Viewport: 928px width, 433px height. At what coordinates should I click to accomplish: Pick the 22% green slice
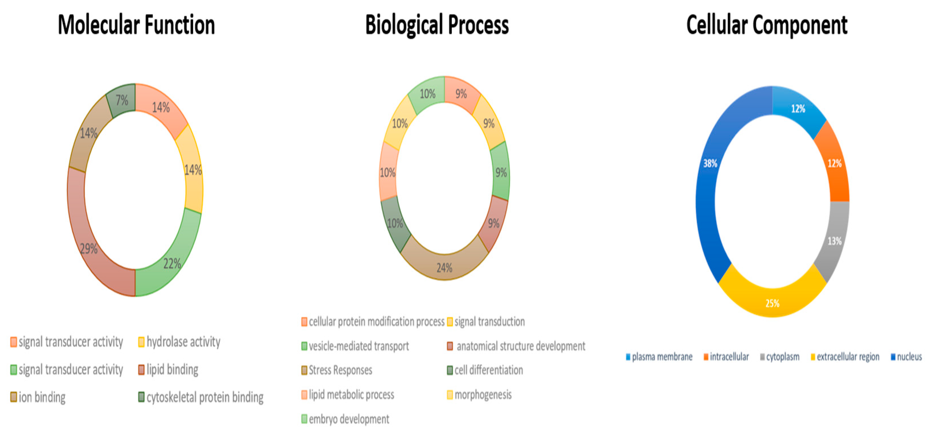click(172, 263)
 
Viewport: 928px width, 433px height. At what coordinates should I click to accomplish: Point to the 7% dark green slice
click(121, 100)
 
